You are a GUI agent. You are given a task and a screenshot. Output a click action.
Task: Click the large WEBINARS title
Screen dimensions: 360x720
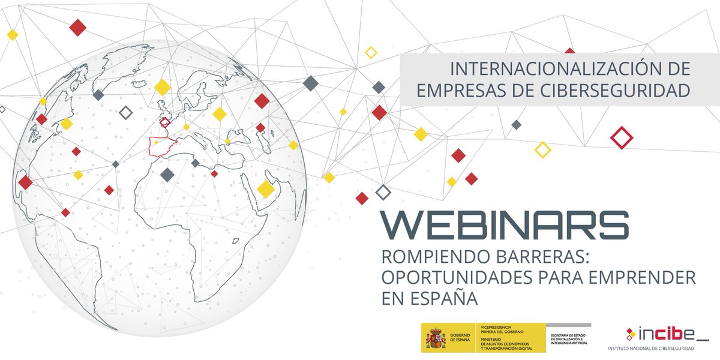(505, 224)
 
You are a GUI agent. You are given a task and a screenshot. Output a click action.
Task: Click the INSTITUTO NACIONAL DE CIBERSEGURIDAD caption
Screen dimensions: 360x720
(651, 348)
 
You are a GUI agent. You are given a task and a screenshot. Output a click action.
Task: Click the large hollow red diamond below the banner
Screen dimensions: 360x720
(622, 138)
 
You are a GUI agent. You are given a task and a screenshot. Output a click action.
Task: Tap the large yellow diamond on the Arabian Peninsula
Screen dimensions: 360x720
(266, 189)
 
